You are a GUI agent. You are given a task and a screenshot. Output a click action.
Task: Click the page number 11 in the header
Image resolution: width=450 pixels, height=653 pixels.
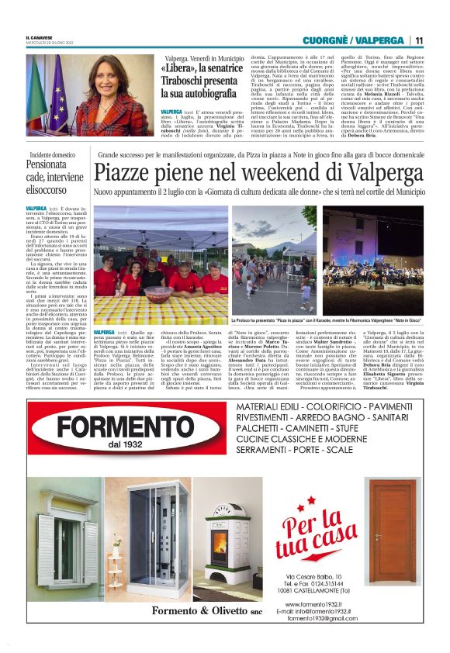[419, 40]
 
